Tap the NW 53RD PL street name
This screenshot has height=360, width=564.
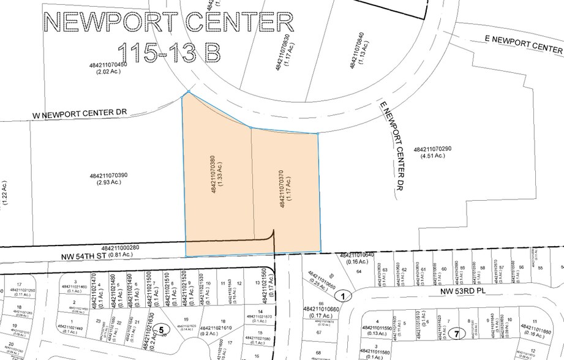[x=473, y=292]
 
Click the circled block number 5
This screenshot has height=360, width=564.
[x=162, y=328]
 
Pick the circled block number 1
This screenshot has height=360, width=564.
[x=344, y=296]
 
